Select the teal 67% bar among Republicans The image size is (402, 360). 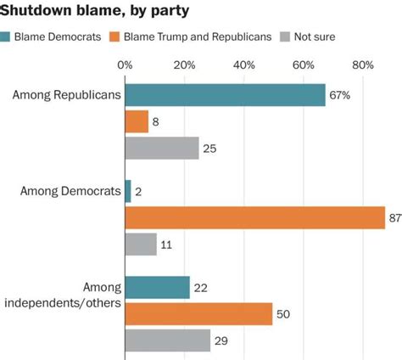click(225, 94)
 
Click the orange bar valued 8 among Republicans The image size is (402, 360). click(137, 121)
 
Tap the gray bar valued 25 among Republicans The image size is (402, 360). click(162, 149)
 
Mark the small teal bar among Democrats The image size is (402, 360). click(128, 191)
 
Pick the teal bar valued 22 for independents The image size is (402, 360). click(158, 287)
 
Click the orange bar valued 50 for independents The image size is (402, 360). click(199, 314)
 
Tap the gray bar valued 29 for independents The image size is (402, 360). click(168, 340)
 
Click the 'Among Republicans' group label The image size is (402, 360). click(66, 94)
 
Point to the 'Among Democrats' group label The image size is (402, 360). click(70, 191)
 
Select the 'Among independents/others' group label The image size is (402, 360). click(70, 295)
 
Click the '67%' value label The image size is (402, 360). click(339, 95)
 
